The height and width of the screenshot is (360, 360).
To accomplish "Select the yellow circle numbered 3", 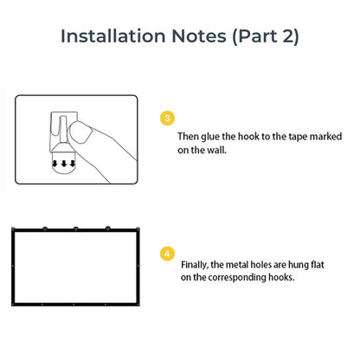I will [x=167, y=118].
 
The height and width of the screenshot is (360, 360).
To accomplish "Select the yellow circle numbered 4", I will [x=167, y=254].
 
